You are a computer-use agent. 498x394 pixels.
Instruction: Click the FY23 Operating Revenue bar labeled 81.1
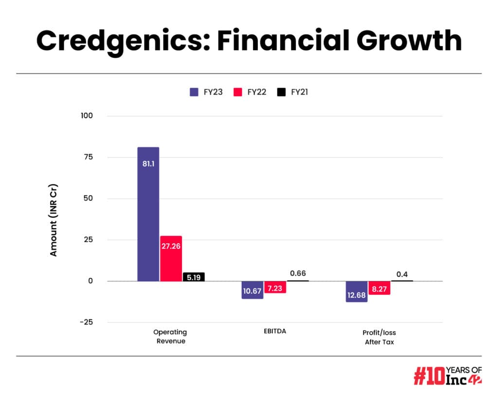[x=148, y=214]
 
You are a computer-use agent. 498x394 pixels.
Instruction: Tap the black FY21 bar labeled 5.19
[x=193, y=277]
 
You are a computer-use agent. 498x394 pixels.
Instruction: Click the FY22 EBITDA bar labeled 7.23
[x=275, y=287]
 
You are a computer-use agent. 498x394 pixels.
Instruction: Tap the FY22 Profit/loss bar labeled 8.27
[x=379, y=288]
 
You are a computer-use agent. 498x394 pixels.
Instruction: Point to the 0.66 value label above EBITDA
[x=298, y=273]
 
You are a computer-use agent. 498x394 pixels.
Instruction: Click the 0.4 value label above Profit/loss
[x=402, y=274]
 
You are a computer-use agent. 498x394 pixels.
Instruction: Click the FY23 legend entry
[x=206, y=92]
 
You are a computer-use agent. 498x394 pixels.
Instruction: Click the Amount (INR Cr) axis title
[x=53, y=220]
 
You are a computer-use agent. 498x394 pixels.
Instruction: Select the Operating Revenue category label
[x=170, y=337]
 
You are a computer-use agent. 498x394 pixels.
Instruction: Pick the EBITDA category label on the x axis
[x=275, y=332]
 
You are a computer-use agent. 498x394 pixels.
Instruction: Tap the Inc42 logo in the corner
[x=448, y=376]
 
